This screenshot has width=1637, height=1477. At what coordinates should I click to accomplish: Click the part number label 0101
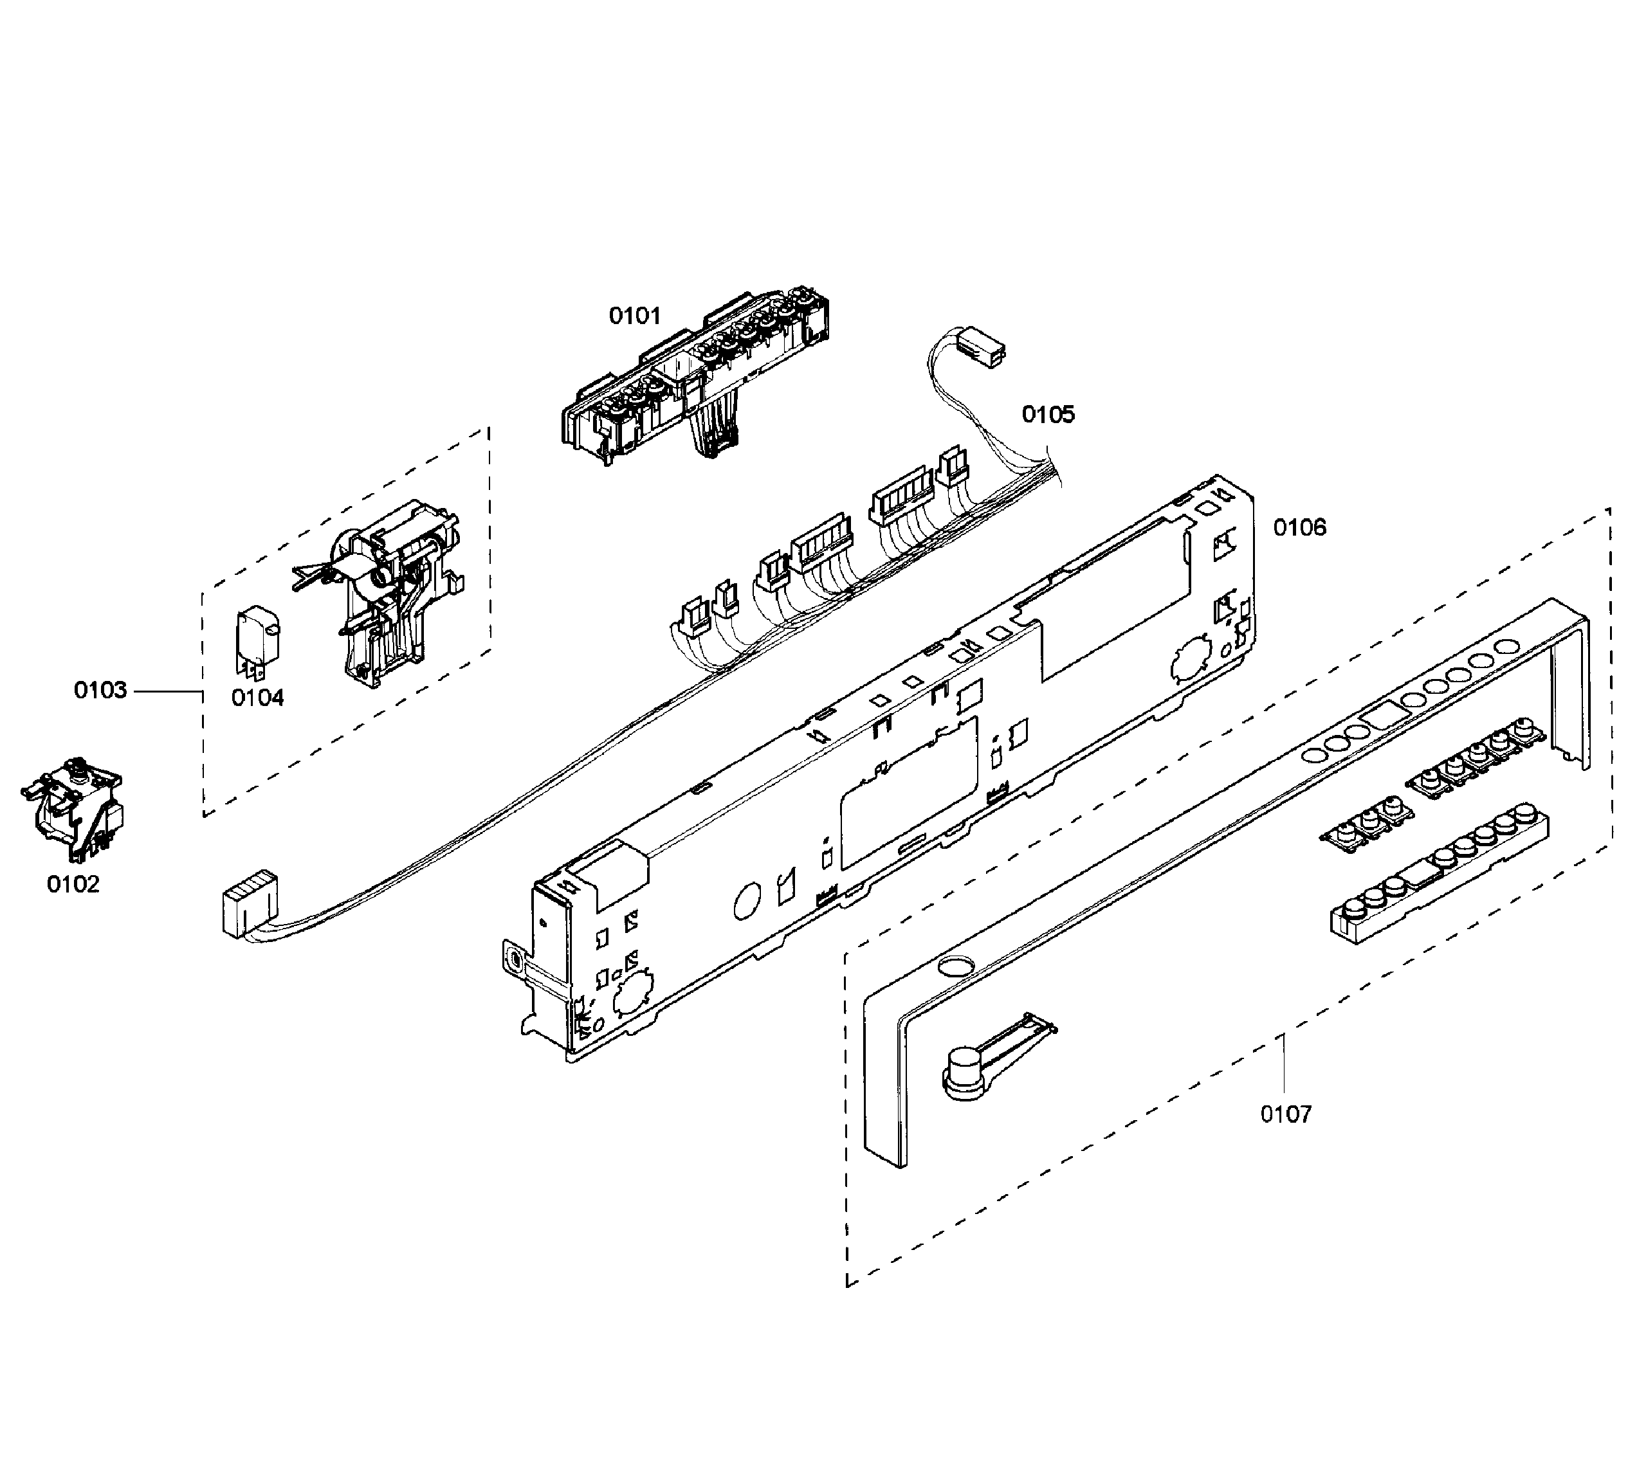click(635, 316)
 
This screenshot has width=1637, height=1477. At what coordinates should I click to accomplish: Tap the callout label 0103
click(100, 691)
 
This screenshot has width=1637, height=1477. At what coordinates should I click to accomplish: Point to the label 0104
click(257, 698)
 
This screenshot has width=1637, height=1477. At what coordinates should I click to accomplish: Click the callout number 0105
click(1048, 415)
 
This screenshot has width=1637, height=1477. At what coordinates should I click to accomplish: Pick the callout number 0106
click(1299, 529)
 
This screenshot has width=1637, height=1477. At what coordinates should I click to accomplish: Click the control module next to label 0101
click(698, 374)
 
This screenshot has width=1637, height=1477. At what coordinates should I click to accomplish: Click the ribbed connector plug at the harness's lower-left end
click(246, 905)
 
